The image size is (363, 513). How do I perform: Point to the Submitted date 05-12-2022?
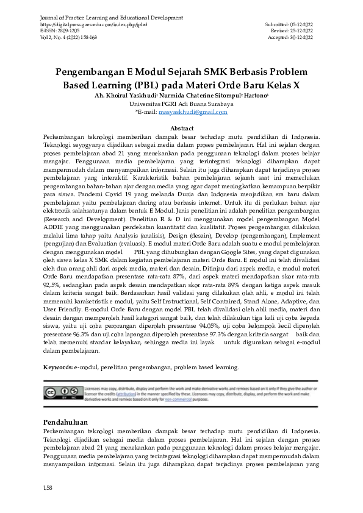coord(302,24)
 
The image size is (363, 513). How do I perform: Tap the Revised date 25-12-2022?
coord(302,30)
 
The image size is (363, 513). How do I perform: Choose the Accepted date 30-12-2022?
coord(302,37)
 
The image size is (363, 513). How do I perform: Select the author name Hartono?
coord(256,96)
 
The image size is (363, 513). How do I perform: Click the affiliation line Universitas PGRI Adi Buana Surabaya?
coord(181,104)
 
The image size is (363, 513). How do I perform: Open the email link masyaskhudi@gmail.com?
coord(193,112)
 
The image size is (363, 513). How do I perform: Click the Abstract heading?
coord(181,129)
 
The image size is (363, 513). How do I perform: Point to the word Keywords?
coord(58,367)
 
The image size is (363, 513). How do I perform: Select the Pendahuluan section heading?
coord(66,422)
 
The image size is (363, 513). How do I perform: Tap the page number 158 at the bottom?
coord(48,488)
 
